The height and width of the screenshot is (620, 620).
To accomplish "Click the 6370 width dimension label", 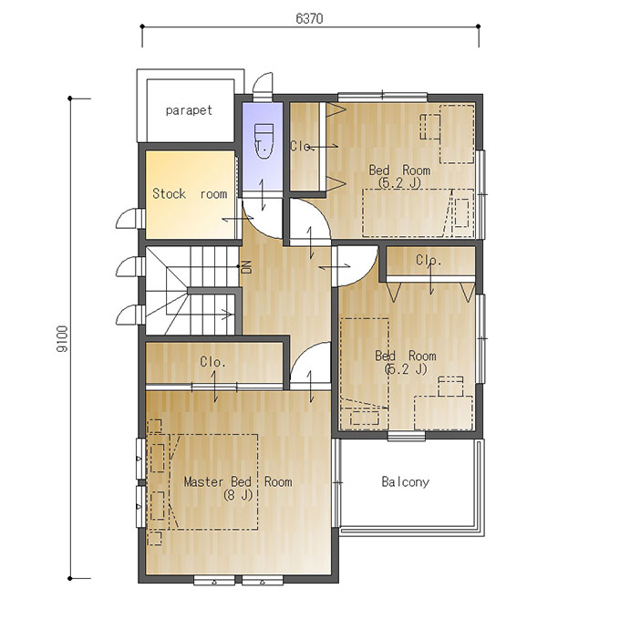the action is click(x=309, y=18).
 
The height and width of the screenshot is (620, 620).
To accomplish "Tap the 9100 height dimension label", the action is click(x=63, y=339).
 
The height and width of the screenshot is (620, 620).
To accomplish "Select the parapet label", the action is click(x=189, y=110).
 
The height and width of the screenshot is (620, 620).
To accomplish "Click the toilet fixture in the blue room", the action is click(x=263, y=140).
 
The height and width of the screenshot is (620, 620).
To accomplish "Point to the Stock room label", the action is click(x=190, y=193).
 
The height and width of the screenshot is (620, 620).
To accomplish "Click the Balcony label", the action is click(x=406, y=482).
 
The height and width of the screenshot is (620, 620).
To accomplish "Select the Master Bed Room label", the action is click(x=238, y=482).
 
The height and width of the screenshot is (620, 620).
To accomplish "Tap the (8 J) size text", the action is click(x=238, y=495).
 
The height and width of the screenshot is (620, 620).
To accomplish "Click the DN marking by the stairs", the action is click(x=247, y=267).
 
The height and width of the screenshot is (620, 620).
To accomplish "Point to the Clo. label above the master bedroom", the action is click(x=212, y=362).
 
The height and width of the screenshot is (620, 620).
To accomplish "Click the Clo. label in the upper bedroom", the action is click(x=301, y=146).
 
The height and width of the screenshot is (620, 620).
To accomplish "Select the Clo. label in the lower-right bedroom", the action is click(x=429, y=260).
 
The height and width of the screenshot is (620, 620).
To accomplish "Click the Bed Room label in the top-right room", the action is click(x=399, y=170).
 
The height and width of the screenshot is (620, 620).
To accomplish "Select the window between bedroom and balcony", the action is click(x=407, y=436).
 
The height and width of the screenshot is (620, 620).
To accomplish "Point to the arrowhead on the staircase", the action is click(x=227, y=315).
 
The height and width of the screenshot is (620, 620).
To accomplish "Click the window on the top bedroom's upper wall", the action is click(x=382, y=97).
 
